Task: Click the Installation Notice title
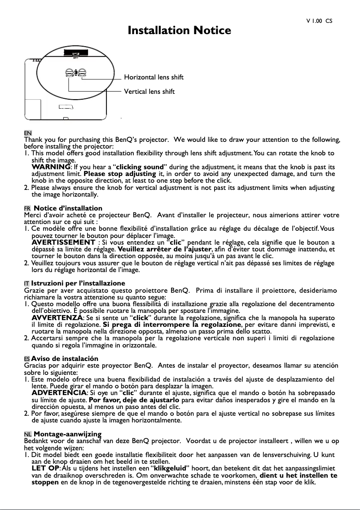pyautogui.click(x=180, y=31)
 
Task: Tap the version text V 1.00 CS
pyautogui.click(x=319, y=21)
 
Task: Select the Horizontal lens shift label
pyautogui.click(x=154, y=78)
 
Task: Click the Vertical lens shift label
pyautogui.click(x=149, y=92)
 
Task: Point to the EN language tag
pyautogui.click(x=27, y=134)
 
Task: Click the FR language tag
pyautogui.click(x=27, y=209)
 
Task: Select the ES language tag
pyautogui.click(x=27, y=359)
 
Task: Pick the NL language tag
pyautogui.click(x=27, y=434)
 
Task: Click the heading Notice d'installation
pyautogui.click(x=68, y=208)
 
